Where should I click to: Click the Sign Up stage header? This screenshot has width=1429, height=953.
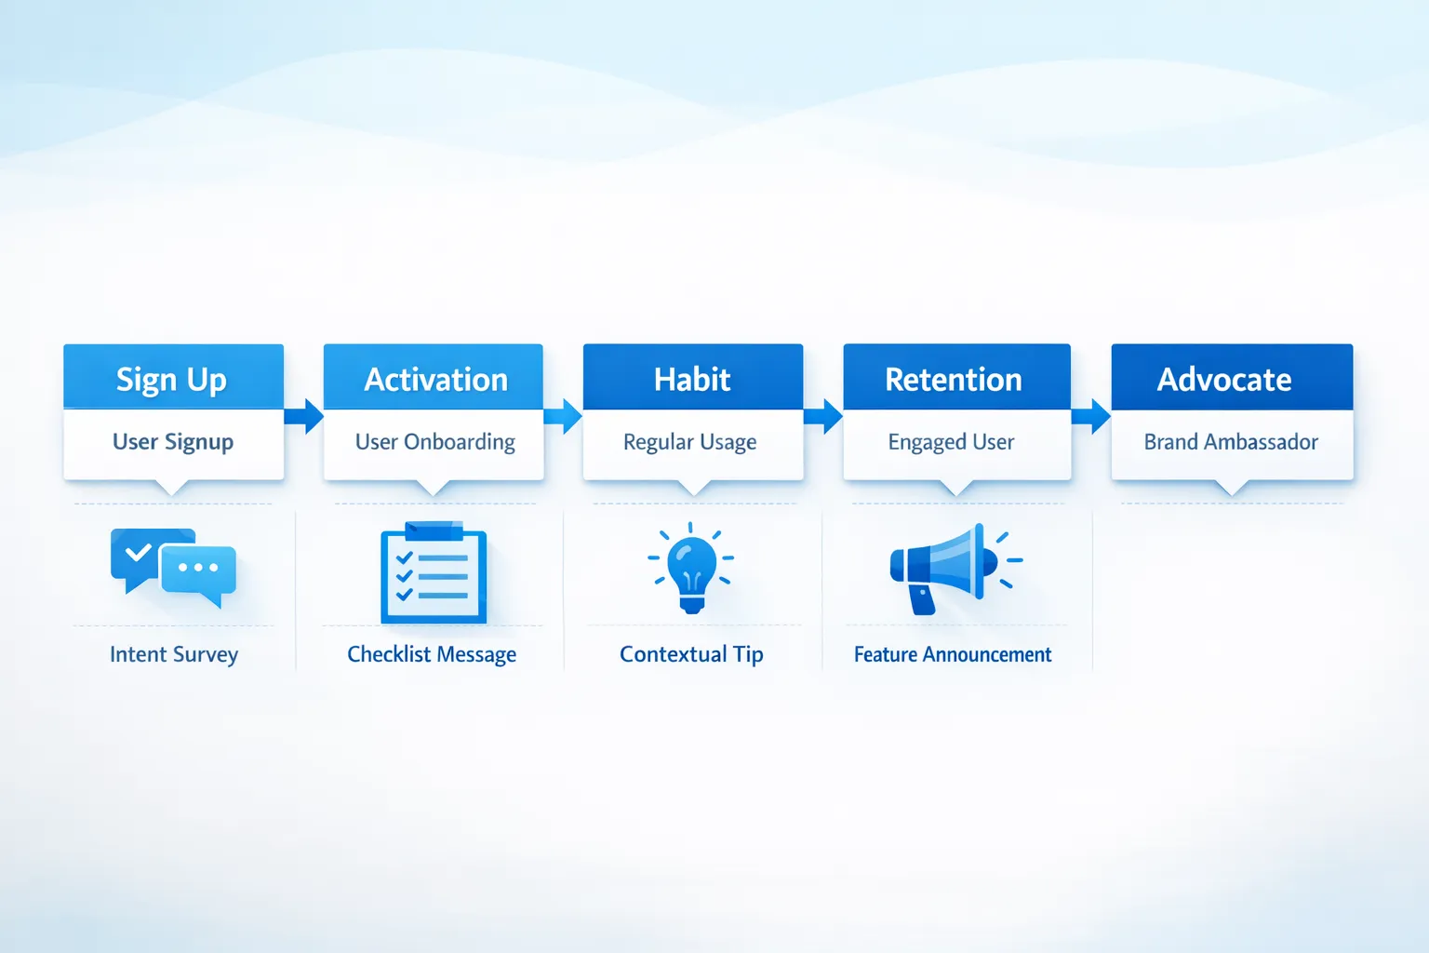[x=173, y=378]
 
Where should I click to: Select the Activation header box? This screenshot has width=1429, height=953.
[x=434, y=378]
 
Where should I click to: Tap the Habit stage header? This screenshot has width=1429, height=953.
[x=692, y=378]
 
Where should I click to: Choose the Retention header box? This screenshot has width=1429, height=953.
[x=955, y=378]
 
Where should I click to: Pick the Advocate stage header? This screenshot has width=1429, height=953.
[x=1231, y=378]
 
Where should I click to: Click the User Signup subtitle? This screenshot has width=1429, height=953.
[x=173, y=442]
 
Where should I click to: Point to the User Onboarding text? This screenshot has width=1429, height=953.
[x=434, y=442]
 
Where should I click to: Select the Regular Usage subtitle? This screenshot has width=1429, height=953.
[x=690, y=442]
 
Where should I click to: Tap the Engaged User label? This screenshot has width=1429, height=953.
[x=951, y=442]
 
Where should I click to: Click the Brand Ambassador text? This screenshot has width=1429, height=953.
[x=1231, y=442]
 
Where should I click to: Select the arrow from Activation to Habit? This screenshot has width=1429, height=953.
[x=563, y=416]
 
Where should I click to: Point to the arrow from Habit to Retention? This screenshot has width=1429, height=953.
[x=823, y=416]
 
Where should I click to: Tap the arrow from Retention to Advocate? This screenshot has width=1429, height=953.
[x=1091, y=416]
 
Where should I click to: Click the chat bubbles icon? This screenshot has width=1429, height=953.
[x=173, y=566]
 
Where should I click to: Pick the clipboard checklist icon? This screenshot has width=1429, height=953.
[x=434, y=571]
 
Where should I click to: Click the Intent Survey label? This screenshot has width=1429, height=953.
[x=174, y=654]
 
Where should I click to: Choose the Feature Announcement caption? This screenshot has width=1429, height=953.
[x=953, y=654]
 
